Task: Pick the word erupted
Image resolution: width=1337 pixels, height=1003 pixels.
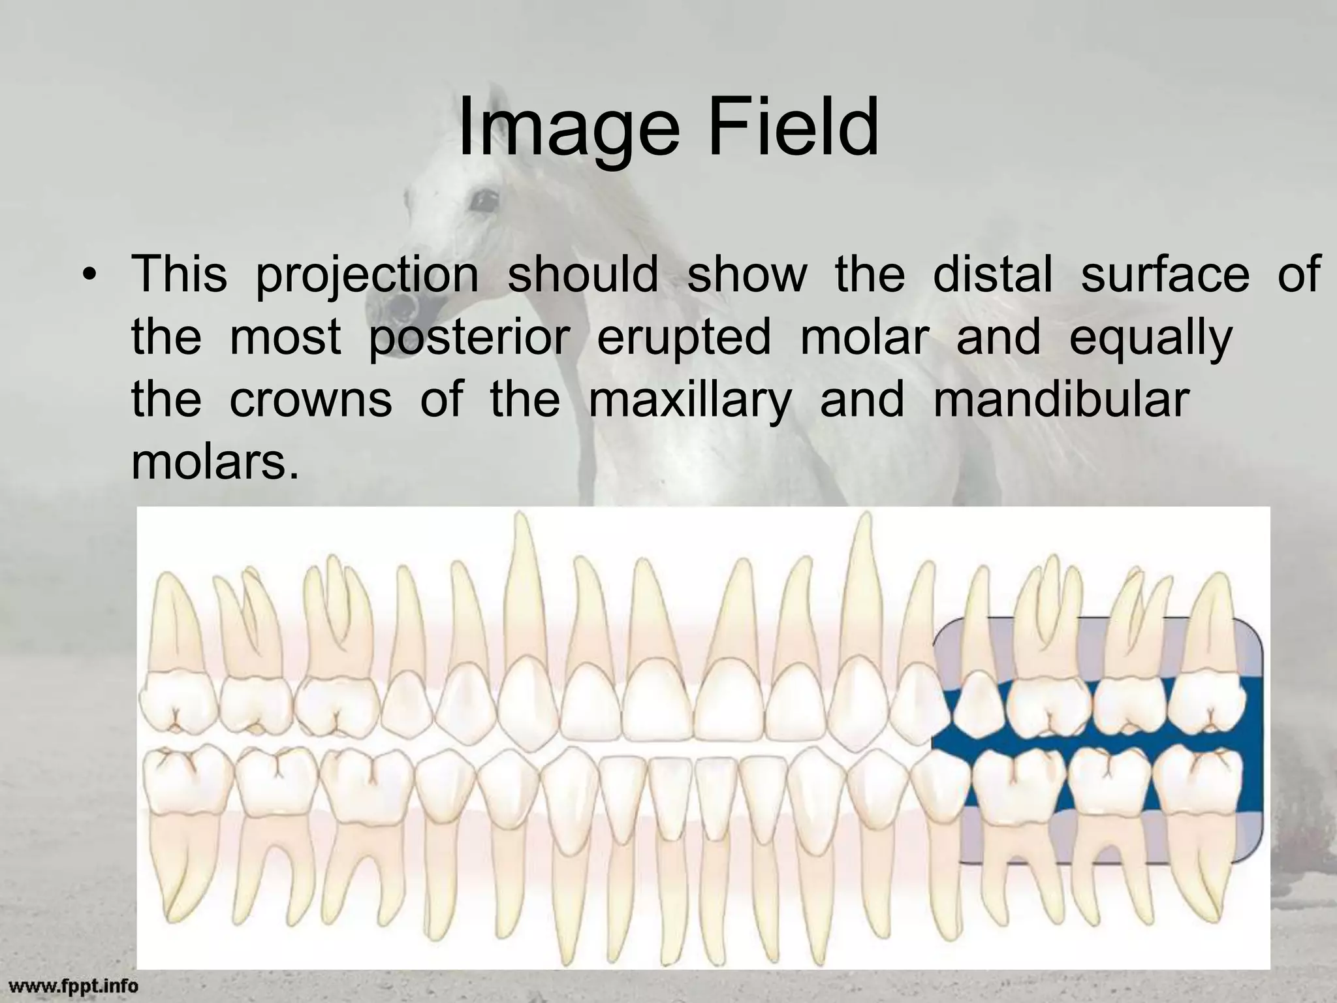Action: (684, 340)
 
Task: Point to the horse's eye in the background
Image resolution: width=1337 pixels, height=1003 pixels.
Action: (484, 199)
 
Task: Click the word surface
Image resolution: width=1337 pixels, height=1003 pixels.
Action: (1165, 274)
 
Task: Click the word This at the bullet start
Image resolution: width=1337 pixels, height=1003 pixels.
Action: (180, 274)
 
